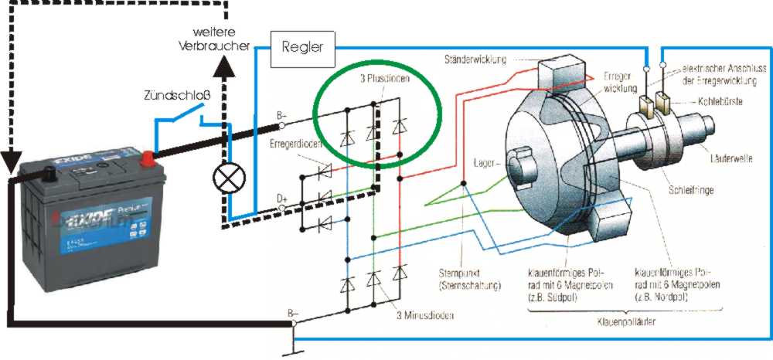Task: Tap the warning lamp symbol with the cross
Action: (x=226, y=179)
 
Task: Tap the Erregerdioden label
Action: (x=295, y=144)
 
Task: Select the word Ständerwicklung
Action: (x=476, y=59)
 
